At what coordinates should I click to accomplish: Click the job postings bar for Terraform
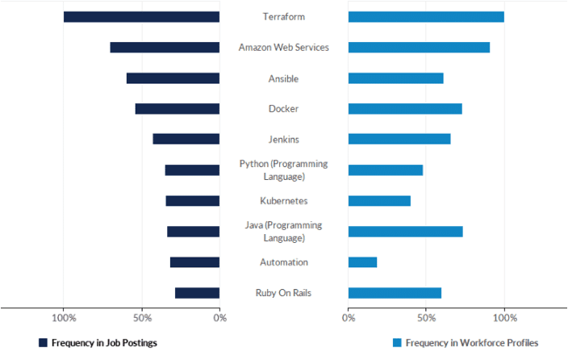(141, 17)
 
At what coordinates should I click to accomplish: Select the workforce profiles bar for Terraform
(426, 17)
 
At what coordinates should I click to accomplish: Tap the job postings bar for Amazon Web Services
(165, 48)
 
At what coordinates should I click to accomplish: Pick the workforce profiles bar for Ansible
(395, 78)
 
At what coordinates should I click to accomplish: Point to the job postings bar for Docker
(177, 109)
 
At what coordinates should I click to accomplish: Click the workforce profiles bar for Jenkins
(399, 139)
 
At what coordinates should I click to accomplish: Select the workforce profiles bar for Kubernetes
(379, 201)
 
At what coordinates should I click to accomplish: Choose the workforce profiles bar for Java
(405, 232)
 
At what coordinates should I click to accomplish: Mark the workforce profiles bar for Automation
(362, 262)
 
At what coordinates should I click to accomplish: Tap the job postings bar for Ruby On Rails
(197, 293)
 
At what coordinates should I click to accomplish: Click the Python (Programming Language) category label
(283, 170)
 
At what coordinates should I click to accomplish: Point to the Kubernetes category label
(283, 201)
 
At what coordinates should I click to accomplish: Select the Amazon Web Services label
(283, 48)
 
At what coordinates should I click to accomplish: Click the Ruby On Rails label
(283, 293)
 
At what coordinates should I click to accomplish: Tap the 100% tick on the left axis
(64, 318)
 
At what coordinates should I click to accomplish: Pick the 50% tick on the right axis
(426, 318)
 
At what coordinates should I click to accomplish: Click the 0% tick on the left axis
(219, 318)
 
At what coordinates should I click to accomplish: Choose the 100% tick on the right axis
(504, 318)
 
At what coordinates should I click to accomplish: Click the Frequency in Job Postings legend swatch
(44, 343)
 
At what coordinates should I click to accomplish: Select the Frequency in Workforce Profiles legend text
(471, 343)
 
